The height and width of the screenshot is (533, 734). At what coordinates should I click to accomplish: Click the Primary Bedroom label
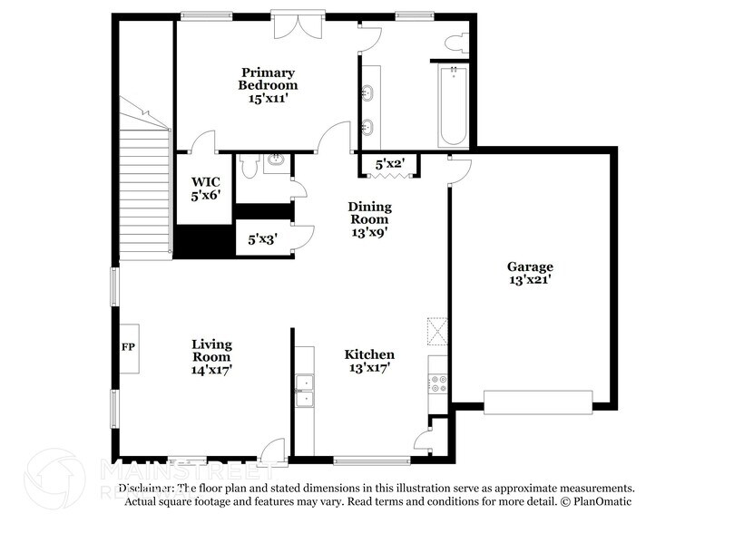pyautogui.click(x=268, y=85)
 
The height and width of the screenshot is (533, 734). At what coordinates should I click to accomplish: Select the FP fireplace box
pyautogui.click(x=128, y=348)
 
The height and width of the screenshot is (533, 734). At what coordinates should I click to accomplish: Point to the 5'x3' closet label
pyautogui.click(x=263, y=240)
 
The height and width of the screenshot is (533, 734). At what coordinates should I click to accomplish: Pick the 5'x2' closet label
pyautogui.click(x=390, y=164)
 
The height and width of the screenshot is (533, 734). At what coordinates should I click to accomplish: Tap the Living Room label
pyautogui.click(x=211, y=356)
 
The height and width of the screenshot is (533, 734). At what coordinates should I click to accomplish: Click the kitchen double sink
pyautogui.click(x=305, y=389)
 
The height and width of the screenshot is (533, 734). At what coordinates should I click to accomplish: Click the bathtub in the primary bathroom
pyautogui.click(x=452, y=106)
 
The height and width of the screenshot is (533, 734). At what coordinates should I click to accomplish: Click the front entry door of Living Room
pyautogui.click(x=271, y=451)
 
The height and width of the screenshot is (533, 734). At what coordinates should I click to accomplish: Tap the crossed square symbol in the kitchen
pyautogui.click(x=437, y=331)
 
